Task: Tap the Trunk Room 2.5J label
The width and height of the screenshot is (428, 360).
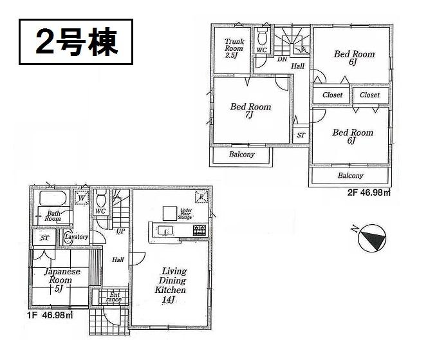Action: click(x=233, y=47)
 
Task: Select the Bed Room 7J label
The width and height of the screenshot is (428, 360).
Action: click(x=250, y=111)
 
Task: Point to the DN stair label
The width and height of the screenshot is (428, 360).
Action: click(x=281, y=60)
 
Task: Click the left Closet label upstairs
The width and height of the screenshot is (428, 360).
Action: click(x=332, y=95)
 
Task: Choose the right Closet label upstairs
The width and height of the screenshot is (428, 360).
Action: click(x=370, y=95)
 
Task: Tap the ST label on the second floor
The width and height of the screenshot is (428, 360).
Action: click(x=301, y=136)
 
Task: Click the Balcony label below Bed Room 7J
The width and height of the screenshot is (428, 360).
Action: click(x=242, y=155)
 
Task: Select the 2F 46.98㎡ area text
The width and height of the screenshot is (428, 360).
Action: click(x=369, y=191)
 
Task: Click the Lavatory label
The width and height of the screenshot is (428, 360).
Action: click(x=76, y=237)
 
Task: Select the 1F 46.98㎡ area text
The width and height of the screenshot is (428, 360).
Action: click(x=50, y=316)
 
